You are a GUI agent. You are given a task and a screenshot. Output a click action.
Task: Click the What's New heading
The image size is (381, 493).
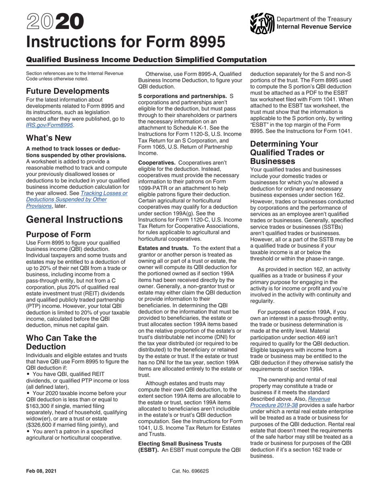click(49, 138)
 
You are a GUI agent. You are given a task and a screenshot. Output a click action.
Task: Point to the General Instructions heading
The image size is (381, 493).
click(74, 220)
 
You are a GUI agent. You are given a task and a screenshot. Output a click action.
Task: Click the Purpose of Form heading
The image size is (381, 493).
click(58, 234)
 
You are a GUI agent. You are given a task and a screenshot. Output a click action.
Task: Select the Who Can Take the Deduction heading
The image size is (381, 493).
click(61, 342)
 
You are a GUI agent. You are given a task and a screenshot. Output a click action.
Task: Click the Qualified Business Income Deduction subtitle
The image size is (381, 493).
click(146, 60)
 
